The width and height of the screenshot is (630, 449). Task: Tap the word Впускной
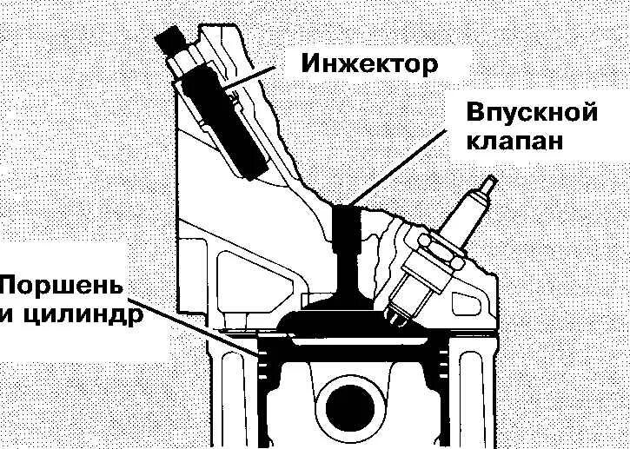pos(532,114)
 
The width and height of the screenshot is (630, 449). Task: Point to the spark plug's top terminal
pos(487,190)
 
